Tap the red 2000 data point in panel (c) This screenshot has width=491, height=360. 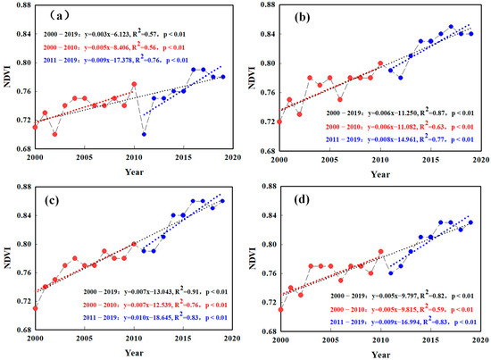point(35,307)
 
